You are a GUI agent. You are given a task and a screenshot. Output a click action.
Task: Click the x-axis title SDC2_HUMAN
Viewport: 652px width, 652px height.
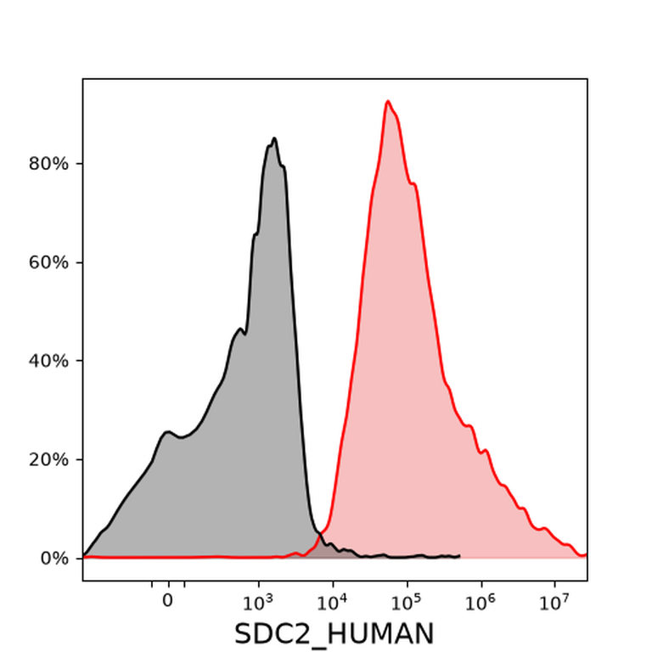click(x=334, y=633)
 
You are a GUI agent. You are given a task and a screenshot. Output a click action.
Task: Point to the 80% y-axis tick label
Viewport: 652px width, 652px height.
click(x=48, y=164)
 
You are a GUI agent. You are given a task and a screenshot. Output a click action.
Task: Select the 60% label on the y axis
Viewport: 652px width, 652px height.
click(x=48, y=262)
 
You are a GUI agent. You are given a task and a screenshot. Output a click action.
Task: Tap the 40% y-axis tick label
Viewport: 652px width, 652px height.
click(x=48, y=361)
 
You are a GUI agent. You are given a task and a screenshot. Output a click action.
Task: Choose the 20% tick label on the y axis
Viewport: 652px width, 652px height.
click(x=48, y=459)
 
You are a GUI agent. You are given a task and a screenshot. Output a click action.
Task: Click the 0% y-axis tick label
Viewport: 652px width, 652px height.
click(x=54, y=559)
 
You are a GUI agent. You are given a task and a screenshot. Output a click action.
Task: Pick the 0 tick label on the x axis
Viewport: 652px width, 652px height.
click(x=167, y=601)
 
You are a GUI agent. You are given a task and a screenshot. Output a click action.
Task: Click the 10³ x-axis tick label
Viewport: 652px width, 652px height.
click(x=258, y=602)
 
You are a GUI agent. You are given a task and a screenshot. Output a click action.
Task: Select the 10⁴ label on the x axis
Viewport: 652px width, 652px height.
click(x=332, y=602)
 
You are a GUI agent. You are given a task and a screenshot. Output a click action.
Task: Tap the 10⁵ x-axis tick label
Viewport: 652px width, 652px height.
click(x=407, y=602)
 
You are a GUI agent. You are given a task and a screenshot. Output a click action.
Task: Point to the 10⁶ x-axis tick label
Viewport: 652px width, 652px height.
click(x=481, y=602)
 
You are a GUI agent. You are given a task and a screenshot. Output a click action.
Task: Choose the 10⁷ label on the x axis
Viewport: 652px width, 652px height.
click(x=554, y=602)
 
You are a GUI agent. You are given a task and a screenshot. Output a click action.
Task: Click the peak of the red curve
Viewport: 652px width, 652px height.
click(x=388, y=101)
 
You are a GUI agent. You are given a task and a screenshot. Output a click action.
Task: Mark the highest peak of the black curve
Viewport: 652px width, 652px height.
click(x=274, y=138)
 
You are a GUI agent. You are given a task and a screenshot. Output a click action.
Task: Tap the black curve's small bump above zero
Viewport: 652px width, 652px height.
click(x=167, y=432)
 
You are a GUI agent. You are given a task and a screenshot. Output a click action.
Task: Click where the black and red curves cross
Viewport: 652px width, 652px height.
click(x=319, y=535)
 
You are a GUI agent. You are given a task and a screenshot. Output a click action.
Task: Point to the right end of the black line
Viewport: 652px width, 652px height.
click(x=459, y=556)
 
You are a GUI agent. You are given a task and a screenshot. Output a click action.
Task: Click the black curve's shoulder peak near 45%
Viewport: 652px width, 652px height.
click(x=240, y=329)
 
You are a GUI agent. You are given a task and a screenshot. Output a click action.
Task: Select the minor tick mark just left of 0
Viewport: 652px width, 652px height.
click(x=152, y=584)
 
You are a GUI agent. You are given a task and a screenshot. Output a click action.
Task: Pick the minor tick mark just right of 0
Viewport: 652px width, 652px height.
click(x=184, y=584)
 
